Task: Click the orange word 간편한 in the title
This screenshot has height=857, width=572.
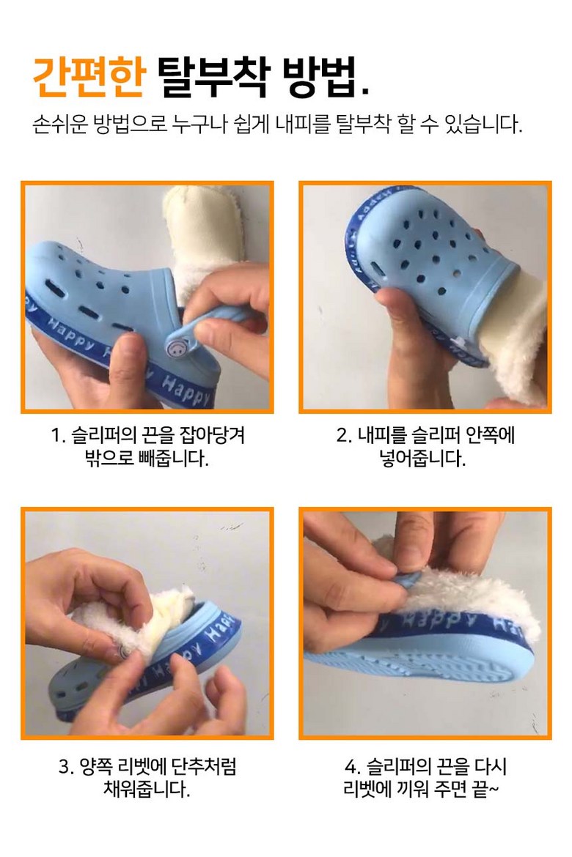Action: (89, 77)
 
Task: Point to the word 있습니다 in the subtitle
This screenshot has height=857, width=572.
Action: (483, 125)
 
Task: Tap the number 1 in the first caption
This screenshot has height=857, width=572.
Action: (55, 436)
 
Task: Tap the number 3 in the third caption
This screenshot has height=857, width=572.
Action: (64, 766)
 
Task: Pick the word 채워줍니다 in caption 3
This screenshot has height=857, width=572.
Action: (147, 789)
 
